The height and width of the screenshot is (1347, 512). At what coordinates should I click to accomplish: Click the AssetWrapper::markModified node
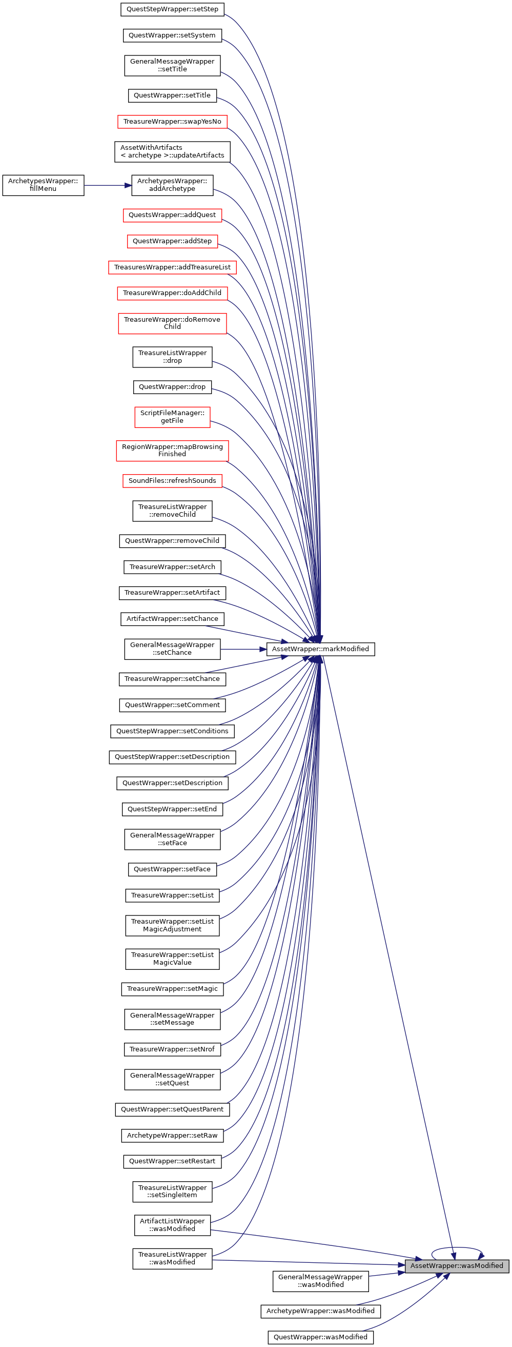[x=320, y=649]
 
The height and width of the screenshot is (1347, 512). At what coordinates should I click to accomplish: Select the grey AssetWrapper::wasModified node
[x=457, y=1265]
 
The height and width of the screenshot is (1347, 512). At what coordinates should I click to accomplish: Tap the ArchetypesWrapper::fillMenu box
[x=43, y=185]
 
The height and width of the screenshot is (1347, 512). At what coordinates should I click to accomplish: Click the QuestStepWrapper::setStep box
[x=172, y=9]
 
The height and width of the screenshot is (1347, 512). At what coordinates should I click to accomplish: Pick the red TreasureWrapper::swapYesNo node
[x=172, y=122]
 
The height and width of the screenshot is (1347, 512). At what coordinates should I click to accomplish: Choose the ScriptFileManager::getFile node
[x=172, y=417]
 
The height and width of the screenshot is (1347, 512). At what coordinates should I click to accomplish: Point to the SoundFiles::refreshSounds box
[x=172, y=480]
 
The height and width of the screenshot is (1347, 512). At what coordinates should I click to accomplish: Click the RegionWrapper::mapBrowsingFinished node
[x=172, y=451]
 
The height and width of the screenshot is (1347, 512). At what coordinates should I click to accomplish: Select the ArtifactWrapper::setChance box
[x=172, y=619]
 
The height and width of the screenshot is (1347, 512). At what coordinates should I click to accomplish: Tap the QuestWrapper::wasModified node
[x=320, y=1337]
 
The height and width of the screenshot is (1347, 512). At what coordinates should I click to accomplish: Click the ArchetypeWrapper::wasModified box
[x=320, y=1311]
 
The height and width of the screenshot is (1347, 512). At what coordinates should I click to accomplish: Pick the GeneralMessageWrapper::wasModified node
[x=320, y=1281]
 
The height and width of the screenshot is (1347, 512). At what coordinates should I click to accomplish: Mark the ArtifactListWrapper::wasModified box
[x=172, y=1225]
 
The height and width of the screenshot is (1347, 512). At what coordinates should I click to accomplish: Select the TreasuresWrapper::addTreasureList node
[x=172, y=267]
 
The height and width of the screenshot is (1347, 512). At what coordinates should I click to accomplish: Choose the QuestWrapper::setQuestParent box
[x=172, y=1109]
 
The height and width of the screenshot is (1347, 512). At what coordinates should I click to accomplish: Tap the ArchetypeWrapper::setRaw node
[x=172, y=1135]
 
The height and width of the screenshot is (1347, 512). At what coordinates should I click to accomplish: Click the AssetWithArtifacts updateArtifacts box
[x=172, y=152]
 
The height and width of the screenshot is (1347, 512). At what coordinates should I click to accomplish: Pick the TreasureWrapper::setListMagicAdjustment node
[x=172, y=926]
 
